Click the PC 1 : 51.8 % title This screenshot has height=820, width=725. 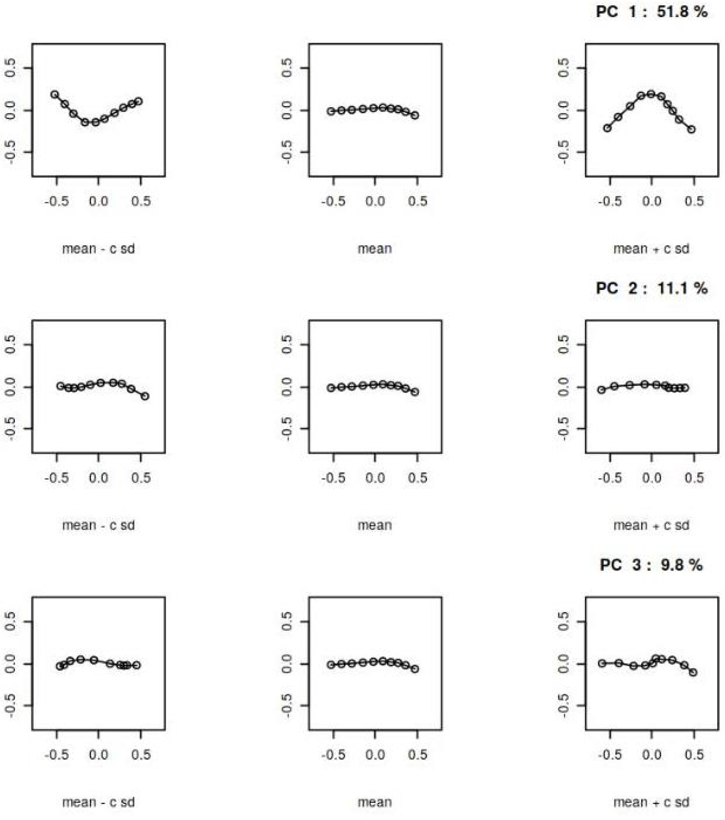(651, 12)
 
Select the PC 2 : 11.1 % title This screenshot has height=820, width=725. (651, 288)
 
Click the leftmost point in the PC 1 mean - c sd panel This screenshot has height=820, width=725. (55, 94)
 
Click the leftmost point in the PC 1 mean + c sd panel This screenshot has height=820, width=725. (607, 128)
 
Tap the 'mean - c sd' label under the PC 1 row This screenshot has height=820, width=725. (98, 249)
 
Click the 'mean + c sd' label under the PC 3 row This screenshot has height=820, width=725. (651, 802)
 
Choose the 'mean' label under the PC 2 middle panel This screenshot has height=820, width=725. (375, 525)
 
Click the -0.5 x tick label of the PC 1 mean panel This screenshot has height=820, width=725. (333, 201)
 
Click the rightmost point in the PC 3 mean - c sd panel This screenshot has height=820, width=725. (137, 665)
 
